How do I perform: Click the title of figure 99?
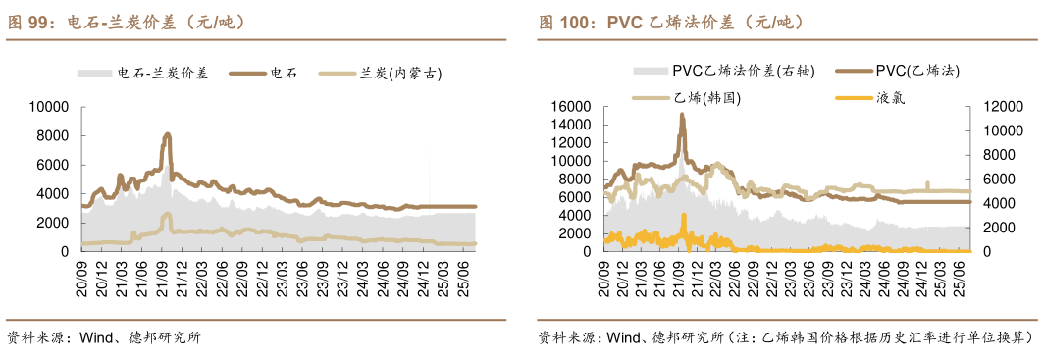(x=127, y=21)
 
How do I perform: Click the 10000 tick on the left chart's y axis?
(x=48, y=107)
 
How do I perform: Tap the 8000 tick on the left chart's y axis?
(x=52, y=135)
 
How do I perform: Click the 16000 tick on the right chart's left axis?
(x=568, y=107)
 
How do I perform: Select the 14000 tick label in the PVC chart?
(x=568, y=125)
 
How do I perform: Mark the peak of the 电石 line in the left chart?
(x=168, y=134)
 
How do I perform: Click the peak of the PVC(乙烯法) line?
(x=682, y=115)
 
